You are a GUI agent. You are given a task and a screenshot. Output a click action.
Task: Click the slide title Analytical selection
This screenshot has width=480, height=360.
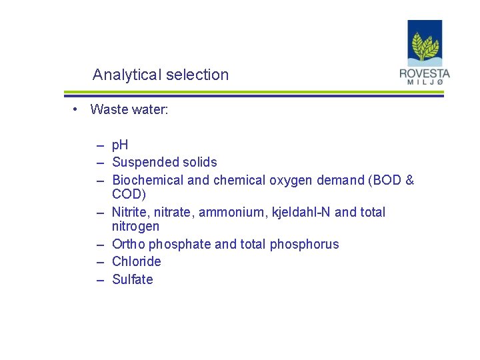[161, 75]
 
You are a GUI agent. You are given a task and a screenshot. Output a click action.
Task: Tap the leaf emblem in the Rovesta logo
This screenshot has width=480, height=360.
[425, 47]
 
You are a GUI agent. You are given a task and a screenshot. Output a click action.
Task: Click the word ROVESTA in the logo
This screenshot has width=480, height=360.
[425, 73]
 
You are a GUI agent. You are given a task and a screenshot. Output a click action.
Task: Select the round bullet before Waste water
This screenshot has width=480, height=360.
[77, 109]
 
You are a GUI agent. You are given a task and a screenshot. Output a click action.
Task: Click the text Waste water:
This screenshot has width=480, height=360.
[129, 109]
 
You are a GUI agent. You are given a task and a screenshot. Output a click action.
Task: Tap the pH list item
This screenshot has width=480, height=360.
[120, 145]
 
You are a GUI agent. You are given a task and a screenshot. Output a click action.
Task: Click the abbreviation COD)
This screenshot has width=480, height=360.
[129, 194]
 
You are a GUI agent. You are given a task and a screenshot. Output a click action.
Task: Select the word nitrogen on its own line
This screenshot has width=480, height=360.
[136, 226]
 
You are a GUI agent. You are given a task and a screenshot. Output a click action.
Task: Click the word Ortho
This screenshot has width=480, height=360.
[129, 244]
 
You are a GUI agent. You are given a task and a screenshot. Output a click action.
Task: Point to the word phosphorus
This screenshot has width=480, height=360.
[304, 245]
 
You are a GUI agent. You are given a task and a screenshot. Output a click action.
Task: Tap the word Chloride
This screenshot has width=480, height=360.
[137, 261]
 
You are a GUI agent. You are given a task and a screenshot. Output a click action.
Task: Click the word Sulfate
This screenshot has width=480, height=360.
[133, 279]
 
